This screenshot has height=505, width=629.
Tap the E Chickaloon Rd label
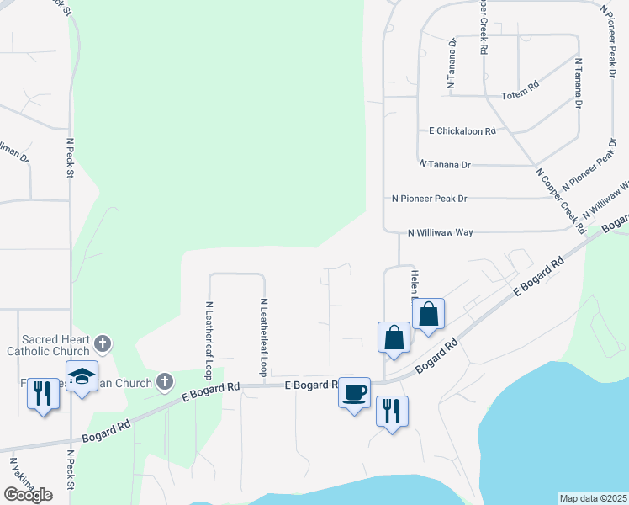pos(462,131)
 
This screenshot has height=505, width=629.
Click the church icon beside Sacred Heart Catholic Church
pos(103,343)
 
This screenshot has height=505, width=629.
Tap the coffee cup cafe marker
pos(354,391)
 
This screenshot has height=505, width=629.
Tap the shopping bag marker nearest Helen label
pos(428,315)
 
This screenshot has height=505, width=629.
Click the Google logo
pos(28,495)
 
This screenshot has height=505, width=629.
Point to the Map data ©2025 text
pos(594,498)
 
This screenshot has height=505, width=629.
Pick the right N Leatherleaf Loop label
pos(263,337)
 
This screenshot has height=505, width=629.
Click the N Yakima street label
pos(22,477)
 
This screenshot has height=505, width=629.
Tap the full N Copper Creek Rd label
pos(560,199)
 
